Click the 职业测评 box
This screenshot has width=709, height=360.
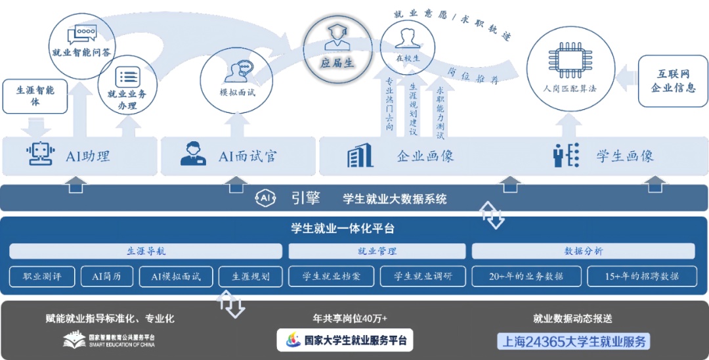click(x=42, y=277)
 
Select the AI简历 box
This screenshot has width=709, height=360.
click(x=106, y=277)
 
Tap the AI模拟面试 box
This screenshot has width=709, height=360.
click(x=175, y=277)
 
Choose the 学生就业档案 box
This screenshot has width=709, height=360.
click(x=332, y=277)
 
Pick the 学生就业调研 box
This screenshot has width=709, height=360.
click(x=423, y=277)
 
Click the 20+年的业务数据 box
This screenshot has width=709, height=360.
click(x=526, y=277)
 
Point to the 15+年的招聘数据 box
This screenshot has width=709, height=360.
click(x=642, y=277)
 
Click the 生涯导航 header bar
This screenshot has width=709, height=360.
click(x=146, y=251)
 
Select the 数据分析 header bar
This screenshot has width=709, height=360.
click(x=584, y=251)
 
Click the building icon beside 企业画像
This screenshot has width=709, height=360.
click(x=360, y=155)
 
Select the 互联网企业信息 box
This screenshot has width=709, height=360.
click(x=672, y=81)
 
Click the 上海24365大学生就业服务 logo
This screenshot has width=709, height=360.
click(x=572, y=341)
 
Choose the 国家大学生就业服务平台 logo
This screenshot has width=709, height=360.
click(x=345, y=340)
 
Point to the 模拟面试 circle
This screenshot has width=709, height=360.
click(x=237, y=76)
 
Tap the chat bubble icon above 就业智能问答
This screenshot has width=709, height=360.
click(x=82, y=32)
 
